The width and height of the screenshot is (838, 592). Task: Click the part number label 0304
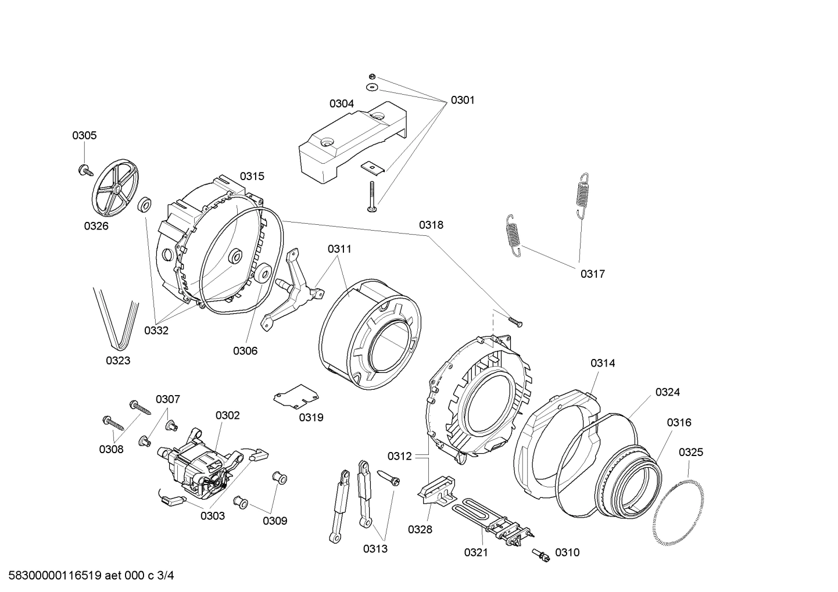341,104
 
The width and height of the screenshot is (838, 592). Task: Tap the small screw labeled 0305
87,170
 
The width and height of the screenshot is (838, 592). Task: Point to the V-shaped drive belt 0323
116,317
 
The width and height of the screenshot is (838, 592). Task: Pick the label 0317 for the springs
592,274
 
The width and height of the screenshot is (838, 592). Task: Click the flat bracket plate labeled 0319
296,396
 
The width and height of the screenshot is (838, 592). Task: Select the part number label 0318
431,225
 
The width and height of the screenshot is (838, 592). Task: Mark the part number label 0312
400,456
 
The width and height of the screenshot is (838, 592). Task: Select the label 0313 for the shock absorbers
375,548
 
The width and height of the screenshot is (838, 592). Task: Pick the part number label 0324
667,392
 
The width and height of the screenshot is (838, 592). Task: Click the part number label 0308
111,449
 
